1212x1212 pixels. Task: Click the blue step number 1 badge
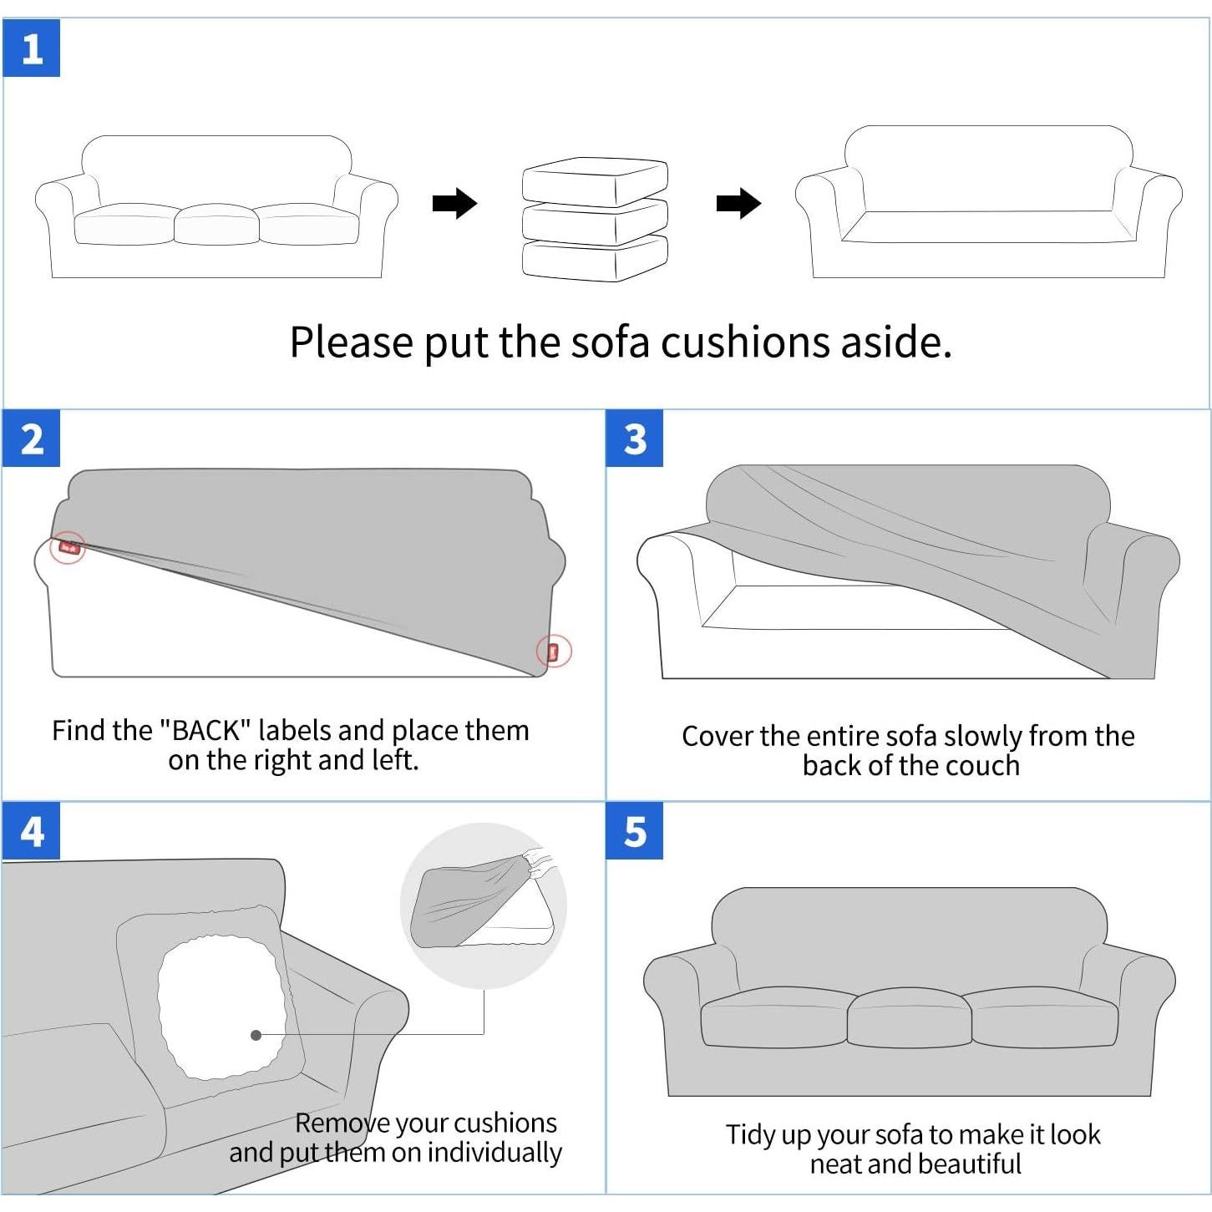[32, 48]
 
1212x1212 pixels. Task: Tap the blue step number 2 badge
[32, 439]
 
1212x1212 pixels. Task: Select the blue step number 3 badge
[634, 439]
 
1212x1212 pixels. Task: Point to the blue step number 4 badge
[32, 831]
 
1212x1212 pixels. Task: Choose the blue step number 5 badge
[634, 831]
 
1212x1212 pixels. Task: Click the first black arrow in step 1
[454, 203]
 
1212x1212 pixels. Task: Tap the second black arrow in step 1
[739, 203]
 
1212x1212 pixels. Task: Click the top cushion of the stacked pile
[595, 181]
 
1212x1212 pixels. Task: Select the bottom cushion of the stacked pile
[595, 259]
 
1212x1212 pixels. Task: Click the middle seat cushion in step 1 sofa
[216, 224]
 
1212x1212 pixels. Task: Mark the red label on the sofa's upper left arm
[68, 547]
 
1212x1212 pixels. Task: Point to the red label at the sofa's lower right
[554, 651]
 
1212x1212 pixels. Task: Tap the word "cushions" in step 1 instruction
[745, 342]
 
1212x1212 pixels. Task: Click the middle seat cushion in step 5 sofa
[909, 1017]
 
